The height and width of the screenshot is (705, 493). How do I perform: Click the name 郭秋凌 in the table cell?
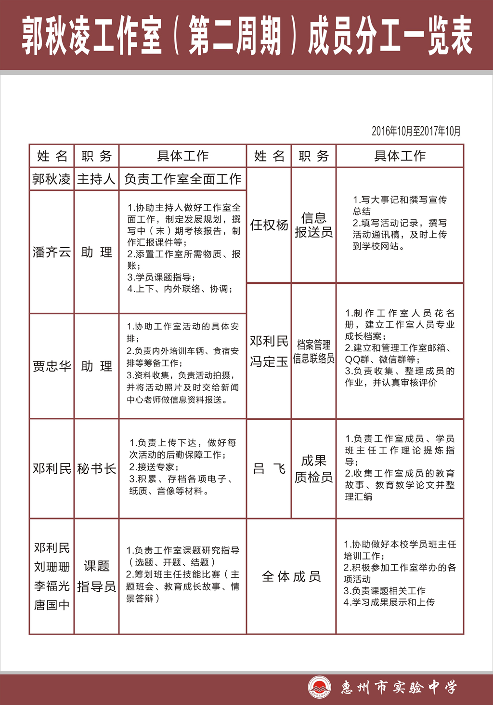[x=52, y=179]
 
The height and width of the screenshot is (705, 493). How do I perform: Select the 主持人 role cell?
[x=96, y=179]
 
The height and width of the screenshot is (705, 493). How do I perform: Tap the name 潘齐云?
[x=52, y=252]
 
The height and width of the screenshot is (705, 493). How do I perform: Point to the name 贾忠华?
[x=52, y=366]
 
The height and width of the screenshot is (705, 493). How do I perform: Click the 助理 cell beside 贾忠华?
[x=96, y=366]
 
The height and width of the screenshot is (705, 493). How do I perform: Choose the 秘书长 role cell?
[x=96, y=468]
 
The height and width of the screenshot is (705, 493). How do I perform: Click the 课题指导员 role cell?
[x=96, y=576]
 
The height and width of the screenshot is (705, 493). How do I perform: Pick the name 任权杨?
[x=269, y=225]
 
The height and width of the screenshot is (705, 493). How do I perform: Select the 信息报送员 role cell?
[x=313, y=225]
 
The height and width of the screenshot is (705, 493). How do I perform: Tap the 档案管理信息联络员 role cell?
[x=313, y=351]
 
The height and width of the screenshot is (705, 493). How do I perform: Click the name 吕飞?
[x=269, y=468]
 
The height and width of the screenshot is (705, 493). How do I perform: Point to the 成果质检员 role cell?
[x=313, y=468]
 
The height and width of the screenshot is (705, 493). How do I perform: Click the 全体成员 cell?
[x=291, y=576]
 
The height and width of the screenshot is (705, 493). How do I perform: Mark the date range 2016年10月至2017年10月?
[x=416, y=131]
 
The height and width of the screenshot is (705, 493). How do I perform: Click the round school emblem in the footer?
[x=320, y=687]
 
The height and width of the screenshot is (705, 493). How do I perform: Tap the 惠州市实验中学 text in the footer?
[x=399, y=687]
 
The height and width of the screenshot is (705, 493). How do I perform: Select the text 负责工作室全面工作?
[x=182, y=179]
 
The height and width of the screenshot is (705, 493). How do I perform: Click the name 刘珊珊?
[x=52, y=567]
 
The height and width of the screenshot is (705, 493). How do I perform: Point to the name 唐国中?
[x=52, y=605]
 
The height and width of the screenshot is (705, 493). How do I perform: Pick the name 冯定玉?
[x=269, y=361]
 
